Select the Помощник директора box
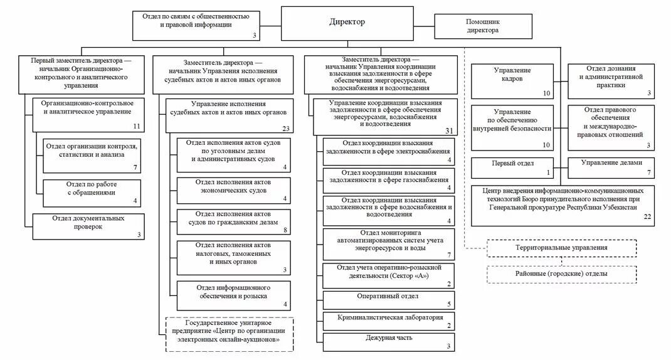tap(483, 26)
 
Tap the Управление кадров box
tap(513, 81)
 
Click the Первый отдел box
tap(513, 167)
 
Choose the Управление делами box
tap(611, 167)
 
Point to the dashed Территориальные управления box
tap(561, 248)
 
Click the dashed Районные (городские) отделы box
tap(561, 274)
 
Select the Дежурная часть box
tap(389, 341)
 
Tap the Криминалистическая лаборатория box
tap(389, 320)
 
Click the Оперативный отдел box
tap(389, 299)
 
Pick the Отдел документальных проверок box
tap(87, 226)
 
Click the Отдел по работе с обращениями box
tap(92, 193)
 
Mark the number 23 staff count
tap(286, 129)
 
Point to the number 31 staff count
tap(448, 130)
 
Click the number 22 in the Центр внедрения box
tap(648, 216)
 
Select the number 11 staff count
tap(136, 127)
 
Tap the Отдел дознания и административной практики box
tap(611, 81)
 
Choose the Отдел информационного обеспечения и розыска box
tap(233, 295)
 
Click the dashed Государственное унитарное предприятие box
tap(230, 334)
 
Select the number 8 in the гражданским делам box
tap(285, 230)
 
